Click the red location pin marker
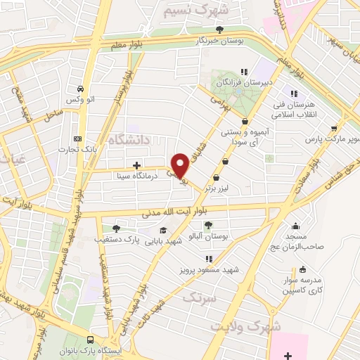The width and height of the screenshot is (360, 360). [180, 165]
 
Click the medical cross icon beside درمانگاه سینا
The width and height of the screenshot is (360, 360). [146, 166]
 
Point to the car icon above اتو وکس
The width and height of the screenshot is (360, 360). [82, 89]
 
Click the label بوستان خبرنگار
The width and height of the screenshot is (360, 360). [221, 41]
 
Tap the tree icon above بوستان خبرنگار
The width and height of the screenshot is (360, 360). [220, 30]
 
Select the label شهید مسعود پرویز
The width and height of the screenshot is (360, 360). [208, 269]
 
